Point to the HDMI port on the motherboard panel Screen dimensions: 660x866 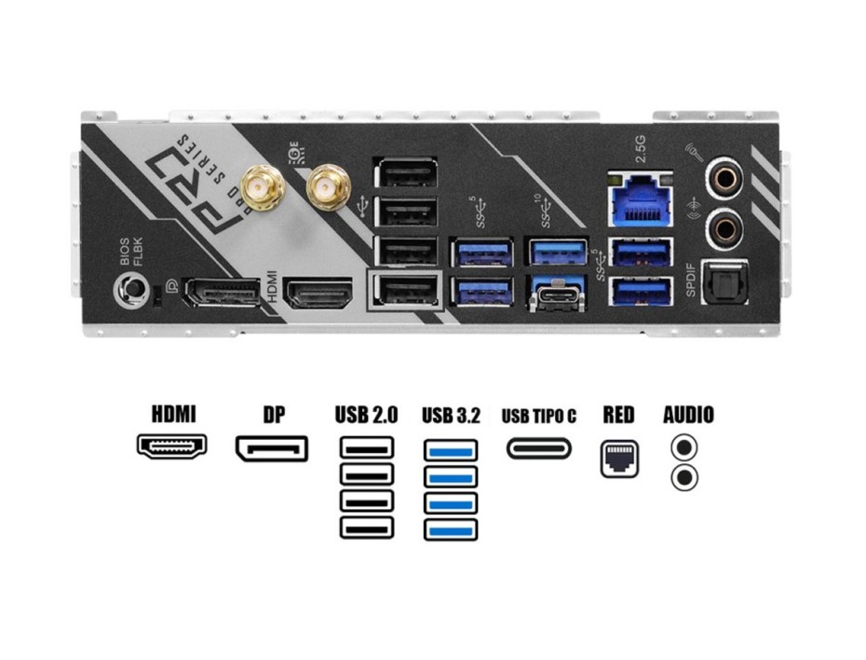[318, 295]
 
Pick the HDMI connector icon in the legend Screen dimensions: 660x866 [172, 445]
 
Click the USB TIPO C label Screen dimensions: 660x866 [539, 416]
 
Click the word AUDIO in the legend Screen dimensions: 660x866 [688, 415]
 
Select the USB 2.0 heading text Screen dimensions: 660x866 [366, 415]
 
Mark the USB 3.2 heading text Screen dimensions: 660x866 [451, 415]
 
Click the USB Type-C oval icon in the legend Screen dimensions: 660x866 [540, 447]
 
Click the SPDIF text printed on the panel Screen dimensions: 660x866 [691, 279]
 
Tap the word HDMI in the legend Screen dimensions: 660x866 [173, 414]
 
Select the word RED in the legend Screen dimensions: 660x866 [618, 415]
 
